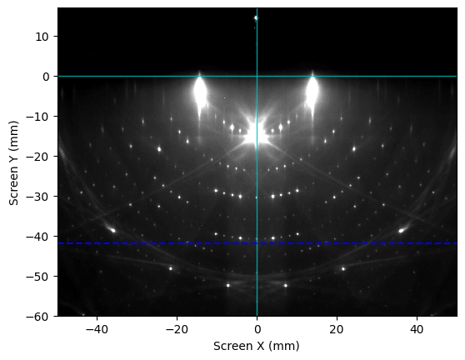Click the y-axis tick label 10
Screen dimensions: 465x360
[42, 37]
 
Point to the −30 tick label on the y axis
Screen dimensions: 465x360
[37, 197]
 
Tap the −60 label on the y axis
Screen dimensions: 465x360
[37, 317]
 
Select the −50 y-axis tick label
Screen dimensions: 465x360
[37, 277]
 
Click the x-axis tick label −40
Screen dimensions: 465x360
[97, 329]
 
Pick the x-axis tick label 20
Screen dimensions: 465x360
[337, 329]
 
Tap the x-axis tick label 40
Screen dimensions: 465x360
[417, 329]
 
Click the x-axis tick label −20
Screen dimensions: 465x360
[177, 329]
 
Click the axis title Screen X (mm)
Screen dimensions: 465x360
[257, 346]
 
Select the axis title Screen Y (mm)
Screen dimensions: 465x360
[13, 162]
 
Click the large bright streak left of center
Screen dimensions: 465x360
[200, 92]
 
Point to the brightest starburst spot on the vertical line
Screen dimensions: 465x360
[257, 133]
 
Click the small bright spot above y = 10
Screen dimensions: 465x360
[256, 18]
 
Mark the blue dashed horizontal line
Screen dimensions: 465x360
[257, 243]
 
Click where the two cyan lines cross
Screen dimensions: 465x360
[257, 76]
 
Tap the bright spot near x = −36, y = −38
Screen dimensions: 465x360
[112, 230]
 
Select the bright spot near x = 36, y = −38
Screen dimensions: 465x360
[401, 230]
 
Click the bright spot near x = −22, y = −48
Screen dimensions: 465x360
[171, 268]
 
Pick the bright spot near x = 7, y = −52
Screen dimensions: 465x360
[286, 286]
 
